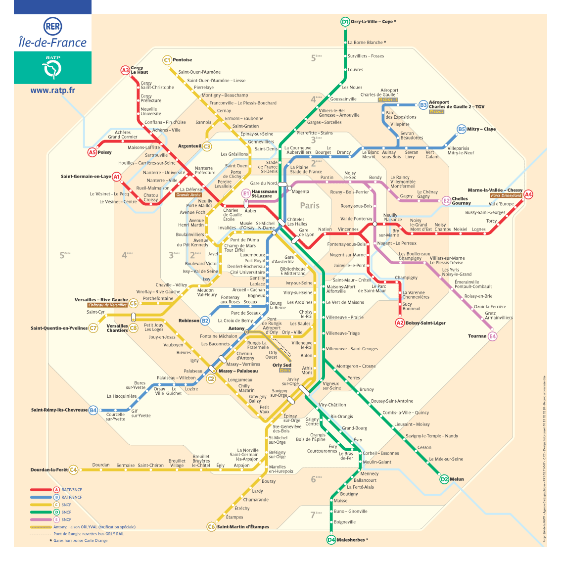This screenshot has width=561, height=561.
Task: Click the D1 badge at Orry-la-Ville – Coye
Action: coord(345,22)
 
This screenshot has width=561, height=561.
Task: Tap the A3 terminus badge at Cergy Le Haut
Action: coord(125,70)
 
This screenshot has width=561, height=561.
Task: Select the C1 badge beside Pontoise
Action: coord(167,60)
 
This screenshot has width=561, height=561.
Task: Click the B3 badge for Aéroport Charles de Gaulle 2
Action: coord(423,105)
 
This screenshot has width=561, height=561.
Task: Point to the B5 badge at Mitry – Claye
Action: coord(461,129)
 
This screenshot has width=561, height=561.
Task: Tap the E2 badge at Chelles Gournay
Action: coord(446,200)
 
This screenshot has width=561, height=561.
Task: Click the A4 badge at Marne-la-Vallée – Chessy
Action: coord(528,194)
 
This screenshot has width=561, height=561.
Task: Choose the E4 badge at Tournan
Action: coord(492,336)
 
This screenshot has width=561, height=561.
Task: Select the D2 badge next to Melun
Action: coord(444,479)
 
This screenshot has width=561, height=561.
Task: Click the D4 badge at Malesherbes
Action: coord(331,540)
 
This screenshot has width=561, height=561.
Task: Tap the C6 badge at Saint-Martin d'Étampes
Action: coord(211,527)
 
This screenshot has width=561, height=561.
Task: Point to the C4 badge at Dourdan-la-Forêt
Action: coord(73,469)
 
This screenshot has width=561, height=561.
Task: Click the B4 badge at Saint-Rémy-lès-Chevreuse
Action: coord(93,410)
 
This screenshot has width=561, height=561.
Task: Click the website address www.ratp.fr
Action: coord(52,91)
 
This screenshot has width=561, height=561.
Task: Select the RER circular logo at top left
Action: coord(52,27)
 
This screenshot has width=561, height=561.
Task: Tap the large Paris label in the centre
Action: coord(310,205)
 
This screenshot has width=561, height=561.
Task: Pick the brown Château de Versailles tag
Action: coord(107,305)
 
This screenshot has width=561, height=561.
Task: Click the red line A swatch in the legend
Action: coord(41,490)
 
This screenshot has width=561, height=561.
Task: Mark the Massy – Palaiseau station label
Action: coord(238,371)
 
